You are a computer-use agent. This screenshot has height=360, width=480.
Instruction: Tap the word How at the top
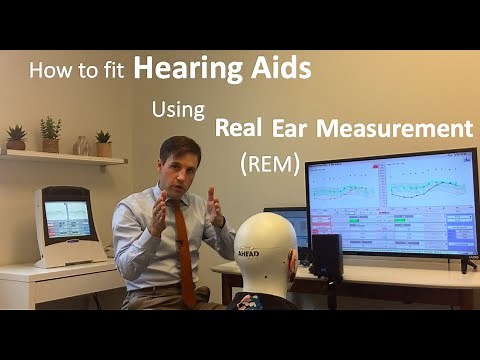[x=46, y=71]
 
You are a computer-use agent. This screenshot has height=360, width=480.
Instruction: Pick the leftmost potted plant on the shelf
[x=16, y=138]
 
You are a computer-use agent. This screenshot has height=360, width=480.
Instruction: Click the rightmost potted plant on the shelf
[x=103, y=144]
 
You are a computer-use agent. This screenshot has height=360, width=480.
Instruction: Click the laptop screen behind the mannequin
[x=297, y=227]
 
